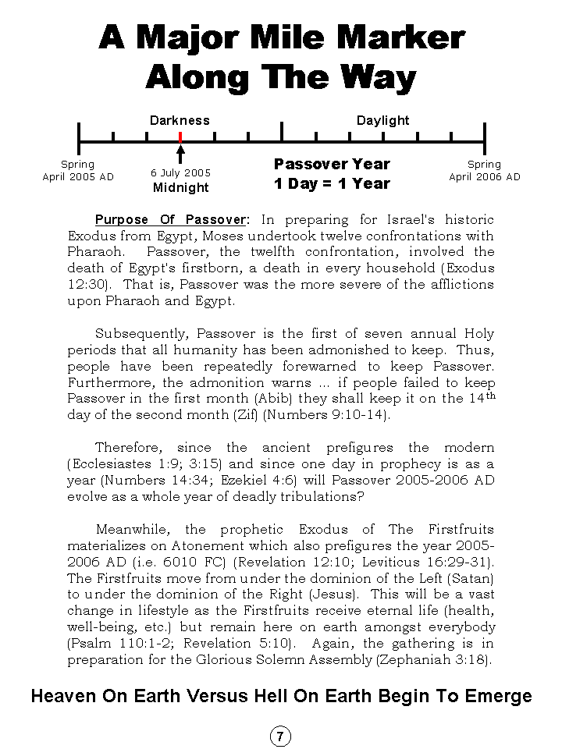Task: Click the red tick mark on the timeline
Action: coord(180,137)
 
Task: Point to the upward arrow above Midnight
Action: coord(180,153)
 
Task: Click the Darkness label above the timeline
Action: coord(180,120)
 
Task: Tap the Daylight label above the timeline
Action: coord(382,120)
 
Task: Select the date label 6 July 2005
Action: coord(180,173)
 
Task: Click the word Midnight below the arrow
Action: coord(180,187)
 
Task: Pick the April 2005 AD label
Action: coord(78,177)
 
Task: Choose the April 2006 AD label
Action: coord(484,177)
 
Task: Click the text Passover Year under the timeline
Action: coord(332,164)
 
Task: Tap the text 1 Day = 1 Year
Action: coord(332,184)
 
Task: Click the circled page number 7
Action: coord(280,736)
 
